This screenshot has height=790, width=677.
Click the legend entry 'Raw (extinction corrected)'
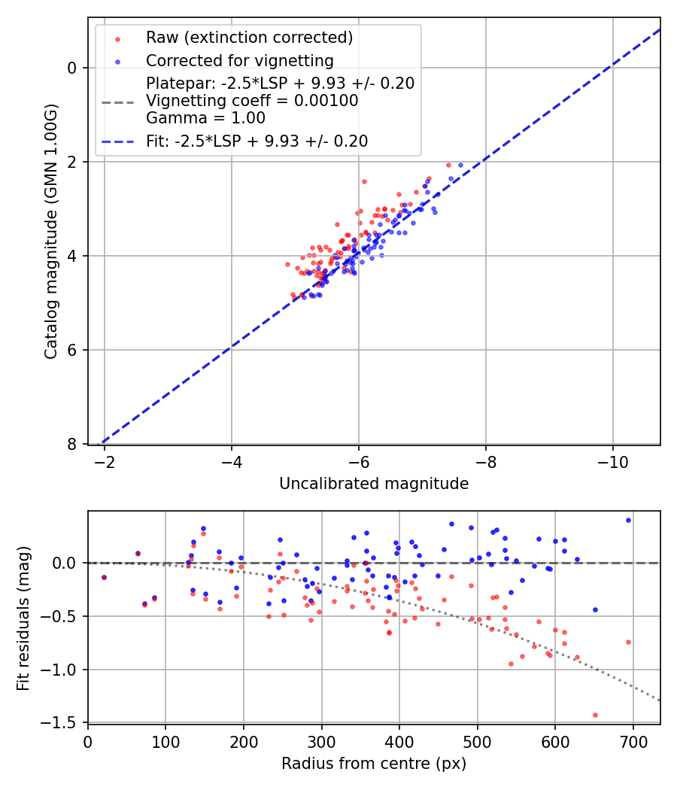click(249, 38)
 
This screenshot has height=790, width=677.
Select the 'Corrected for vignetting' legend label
click(239, 60)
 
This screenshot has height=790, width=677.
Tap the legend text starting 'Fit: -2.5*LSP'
click(257, 141)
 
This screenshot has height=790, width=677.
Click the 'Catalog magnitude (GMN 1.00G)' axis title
click(50, 230)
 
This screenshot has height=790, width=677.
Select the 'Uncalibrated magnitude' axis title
click(374, 484)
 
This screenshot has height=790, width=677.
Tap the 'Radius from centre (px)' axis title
click(374, 764)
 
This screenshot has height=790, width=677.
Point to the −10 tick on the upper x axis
click(612, 460)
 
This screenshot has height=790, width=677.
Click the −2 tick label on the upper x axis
click(104, 460)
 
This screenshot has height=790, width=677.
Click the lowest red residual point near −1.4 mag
click(595, 715)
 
